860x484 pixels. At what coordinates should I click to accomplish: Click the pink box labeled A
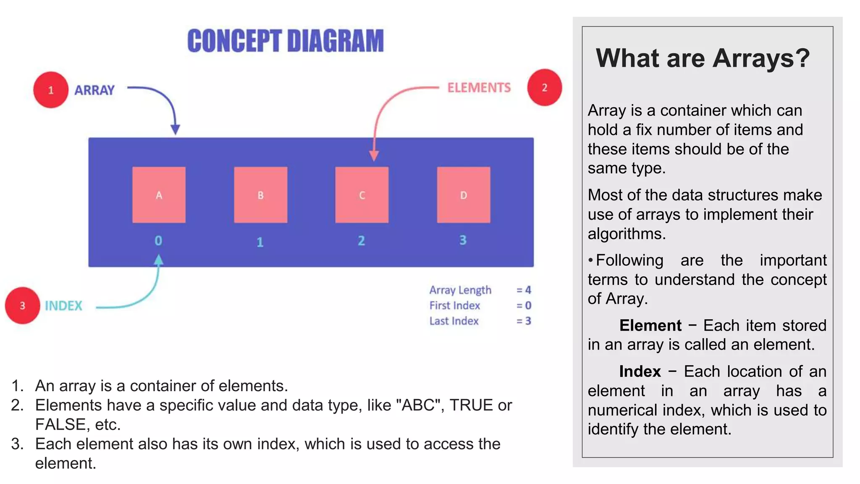pyautogui.click(x=159, y=195)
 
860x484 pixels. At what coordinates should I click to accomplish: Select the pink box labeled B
pyautogui.click(x=260, y=195)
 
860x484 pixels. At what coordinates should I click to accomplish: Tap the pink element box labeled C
pyautogui.click(x=362, y=195)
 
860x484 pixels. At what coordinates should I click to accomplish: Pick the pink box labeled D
pyautogui.click(x=463, y=195)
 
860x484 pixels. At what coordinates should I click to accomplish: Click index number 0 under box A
pyautogui.click(x=158, y=241)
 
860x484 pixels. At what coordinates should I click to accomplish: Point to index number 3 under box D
pyautogui.click(x=463, y=240)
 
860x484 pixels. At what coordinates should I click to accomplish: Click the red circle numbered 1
pyautogui.click(x=51, y=90)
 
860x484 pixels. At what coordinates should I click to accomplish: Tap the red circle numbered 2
pyautogui.click(x=544, y=87)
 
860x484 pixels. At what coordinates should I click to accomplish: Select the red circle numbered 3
pyautogui.click(x=23, y=305)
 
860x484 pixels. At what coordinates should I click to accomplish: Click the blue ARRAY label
pyautogui.click(x=94, y=90)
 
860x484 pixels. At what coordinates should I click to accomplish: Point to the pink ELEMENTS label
pyautogui.click(x=479, y=88)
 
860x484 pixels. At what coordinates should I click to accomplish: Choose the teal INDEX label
pyautogui.click(x=63, y=306)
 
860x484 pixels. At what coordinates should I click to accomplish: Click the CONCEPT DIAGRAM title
pyautogui.click(x=286, y=41)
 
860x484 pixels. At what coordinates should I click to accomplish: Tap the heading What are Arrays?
pyautogui.click(x=703, y=58)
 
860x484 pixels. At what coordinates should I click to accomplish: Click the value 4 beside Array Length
pyautogui.click(x=528, y=290)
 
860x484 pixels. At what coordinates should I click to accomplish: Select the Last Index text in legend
pyautogui.click(x=454, y=321)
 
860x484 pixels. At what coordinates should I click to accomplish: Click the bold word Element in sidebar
pyautogui.click(x=650, y=326)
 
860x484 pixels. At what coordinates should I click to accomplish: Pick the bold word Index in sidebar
pyautogui.click(x=640, y=371)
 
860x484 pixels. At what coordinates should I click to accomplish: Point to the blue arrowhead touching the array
pyautogui.click(x=175, y=129)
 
